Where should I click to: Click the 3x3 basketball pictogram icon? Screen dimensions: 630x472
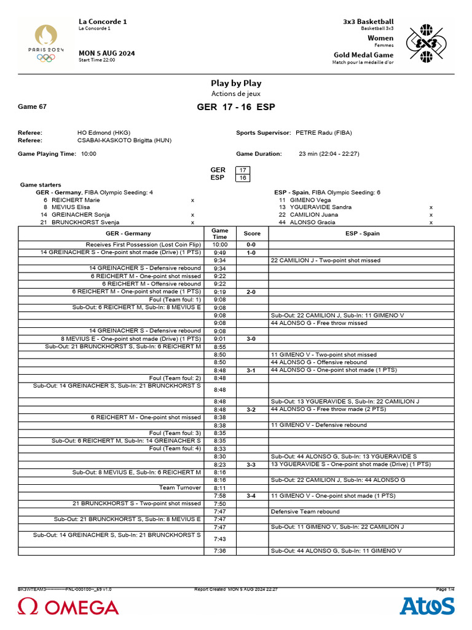point(425,43)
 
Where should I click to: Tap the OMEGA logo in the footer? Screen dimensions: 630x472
point(68,607)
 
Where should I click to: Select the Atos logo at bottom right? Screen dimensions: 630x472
point(427,606)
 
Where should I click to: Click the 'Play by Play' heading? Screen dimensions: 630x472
point(236,83)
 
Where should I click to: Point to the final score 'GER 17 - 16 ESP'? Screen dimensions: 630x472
point(236,107)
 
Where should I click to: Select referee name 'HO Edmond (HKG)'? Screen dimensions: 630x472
point(103,132)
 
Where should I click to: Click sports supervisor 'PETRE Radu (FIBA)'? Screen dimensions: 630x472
point(323,132)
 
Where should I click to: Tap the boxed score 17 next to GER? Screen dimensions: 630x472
point(243,170)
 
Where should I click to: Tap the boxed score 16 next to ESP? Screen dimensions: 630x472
point(243,178)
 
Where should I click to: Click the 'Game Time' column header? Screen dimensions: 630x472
point(219,234)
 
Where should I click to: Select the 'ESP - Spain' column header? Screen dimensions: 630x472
point(363,234)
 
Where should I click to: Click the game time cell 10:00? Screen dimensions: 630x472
point(219,244)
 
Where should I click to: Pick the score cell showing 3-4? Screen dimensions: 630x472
point(251,495)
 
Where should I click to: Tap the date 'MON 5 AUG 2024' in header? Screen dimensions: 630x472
point(107,53)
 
